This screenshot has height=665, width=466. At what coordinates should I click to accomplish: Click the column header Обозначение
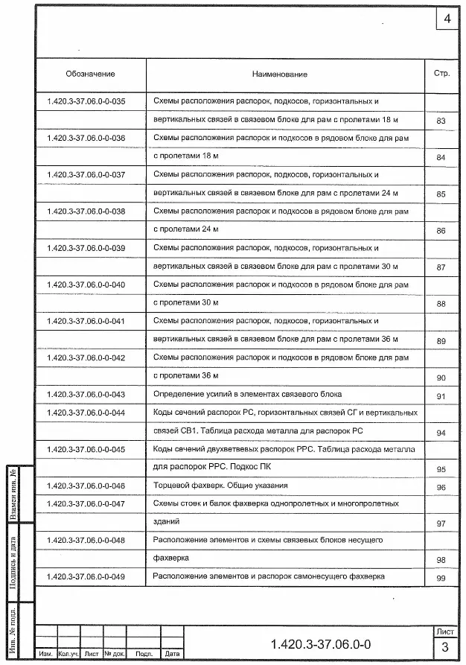(90, 74)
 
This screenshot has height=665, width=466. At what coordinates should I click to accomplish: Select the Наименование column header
(279, 74)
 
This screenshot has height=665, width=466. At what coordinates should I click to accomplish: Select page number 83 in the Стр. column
(441, 121)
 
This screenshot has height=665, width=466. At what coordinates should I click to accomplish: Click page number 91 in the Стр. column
(441, 396)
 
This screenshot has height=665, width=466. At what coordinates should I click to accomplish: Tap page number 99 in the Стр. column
(441, 579)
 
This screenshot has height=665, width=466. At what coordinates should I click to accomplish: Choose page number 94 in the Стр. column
(441, 433)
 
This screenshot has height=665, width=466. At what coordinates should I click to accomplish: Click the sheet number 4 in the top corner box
(447, 19)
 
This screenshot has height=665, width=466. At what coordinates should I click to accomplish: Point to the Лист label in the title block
(444, 631)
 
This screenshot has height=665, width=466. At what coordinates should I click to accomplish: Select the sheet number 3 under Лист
(444, 646)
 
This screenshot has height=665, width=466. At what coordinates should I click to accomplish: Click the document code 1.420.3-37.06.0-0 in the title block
(321, 643)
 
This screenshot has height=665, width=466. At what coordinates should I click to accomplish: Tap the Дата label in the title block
(172, 654)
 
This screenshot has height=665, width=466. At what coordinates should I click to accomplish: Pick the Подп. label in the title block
(144, 654)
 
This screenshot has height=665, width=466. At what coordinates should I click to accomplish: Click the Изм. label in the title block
(46, 654)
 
